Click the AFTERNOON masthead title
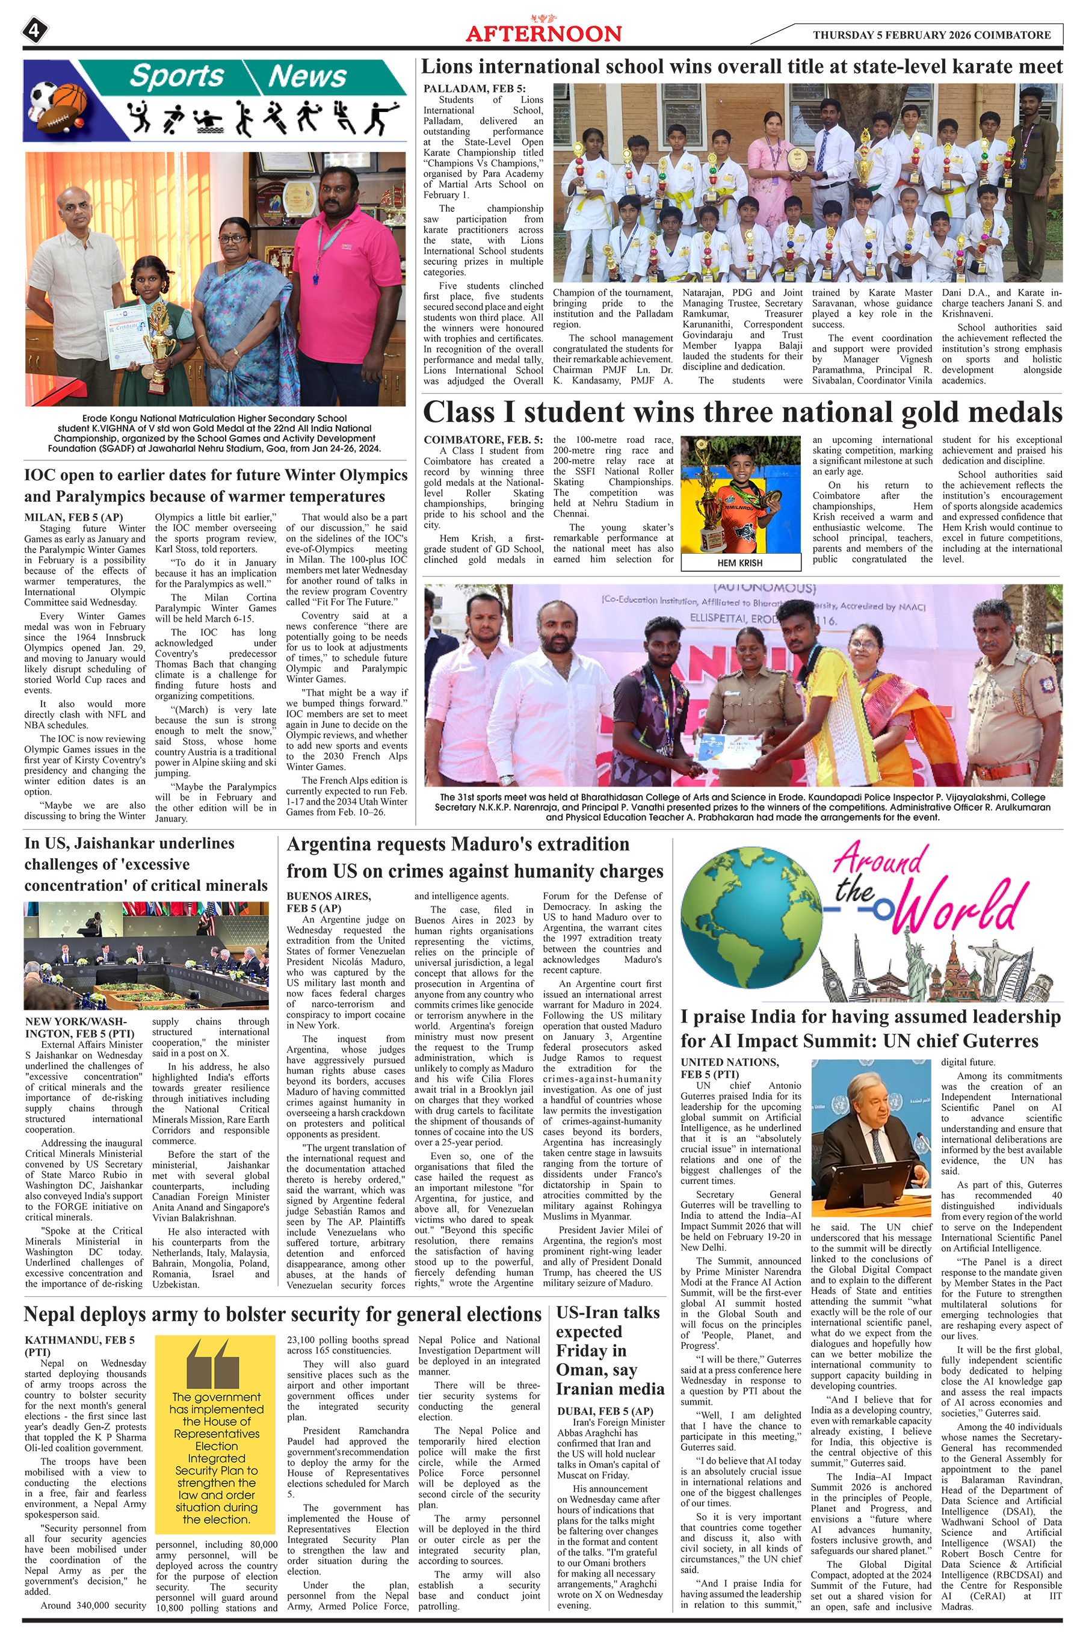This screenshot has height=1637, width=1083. click(543, 34)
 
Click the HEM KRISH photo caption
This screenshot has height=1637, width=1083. click(739, 563)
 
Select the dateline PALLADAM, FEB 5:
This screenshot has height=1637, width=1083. click(475, 88)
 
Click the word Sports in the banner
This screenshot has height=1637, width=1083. click(177, 76)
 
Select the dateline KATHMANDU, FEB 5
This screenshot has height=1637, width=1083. click(79, 1340)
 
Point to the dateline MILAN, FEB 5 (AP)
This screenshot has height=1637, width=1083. click(73, 518)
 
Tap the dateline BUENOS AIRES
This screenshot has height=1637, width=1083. click(329, 896)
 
